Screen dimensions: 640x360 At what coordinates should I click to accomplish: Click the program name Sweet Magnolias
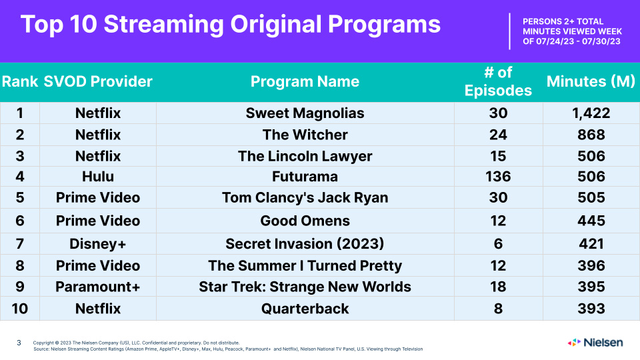click(x=305, y=113)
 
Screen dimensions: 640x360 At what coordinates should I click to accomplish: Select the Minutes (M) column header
click(x=591, y=81)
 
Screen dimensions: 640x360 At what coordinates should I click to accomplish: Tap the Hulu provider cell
click(x=98, y=176)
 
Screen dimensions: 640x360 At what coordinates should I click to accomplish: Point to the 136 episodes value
click(x=498, y=176)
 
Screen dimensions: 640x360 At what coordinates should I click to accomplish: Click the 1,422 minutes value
click(x=591, y=113)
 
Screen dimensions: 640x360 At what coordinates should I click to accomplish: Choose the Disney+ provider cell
click(x=98, y=244)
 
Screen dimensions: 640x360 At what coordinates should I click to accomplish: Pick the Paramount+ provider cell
click(x=98, y=287)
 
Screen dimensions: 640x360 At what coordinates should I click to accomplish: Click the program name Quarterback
click(x=305, y=309)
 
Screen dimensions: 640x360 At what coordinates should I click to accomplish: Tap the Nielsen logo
click(x=595, y=343)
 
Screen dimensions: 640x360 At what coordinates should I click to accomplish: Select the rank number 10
click(x=19, y=309)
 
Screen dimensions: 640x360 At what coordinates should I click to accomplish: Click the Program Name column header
click(x=305, y=81)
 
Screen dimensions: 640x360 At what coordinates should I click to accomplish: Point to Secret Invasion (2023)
click(x=305, y=244)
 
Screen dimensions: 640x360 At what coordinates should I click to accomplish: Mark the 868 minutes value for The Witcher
click(x=591, y=135)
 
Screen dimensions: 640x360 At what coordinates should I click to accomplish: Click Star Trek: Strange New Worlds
click(x=305, y=287)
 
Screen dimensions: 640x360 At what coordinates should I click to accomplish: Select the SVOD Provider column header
click(x=98, y=81)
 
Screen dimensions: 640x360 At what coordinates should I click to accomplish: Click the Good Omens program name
click(x=305, y=221)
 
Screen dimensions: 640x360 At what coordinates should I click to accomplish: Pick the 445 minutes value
click(x=591, y=221)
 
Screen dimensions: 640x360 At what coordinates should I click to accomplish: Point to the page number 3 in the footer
click(x=19, y=343)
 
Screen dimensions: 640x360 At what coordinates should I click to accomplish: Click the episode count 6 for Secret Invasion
click(x=498, y=244)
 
